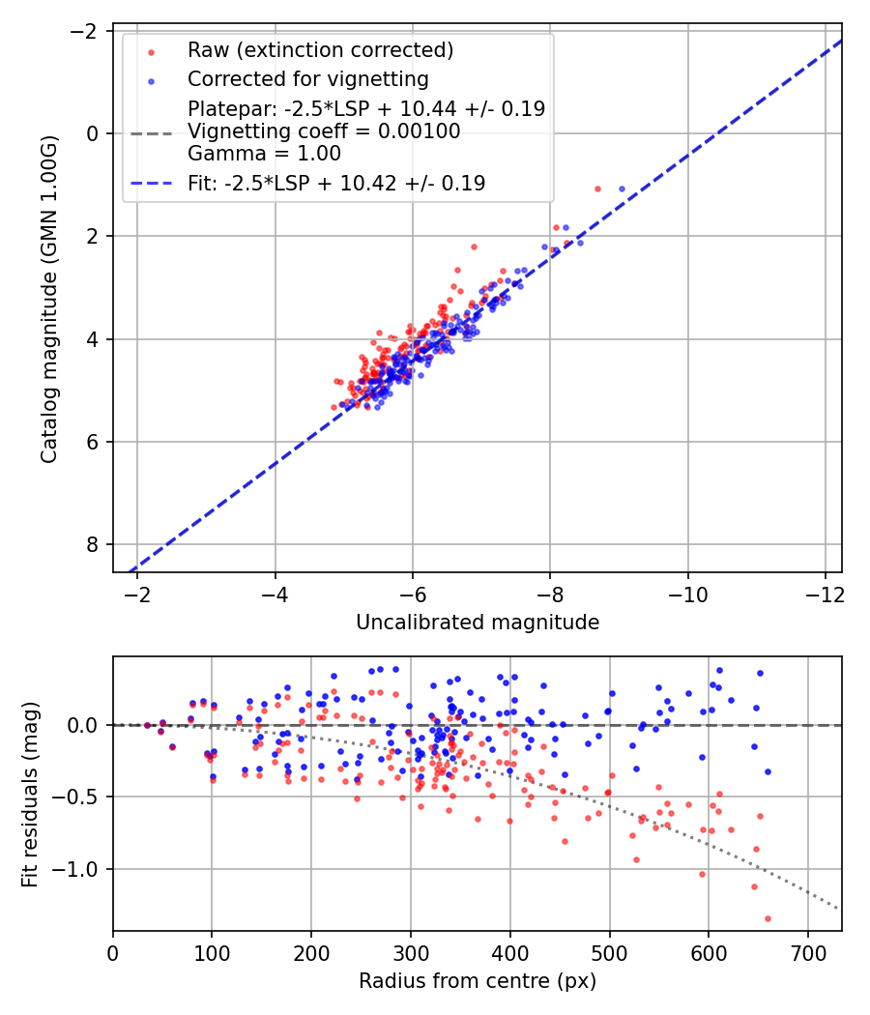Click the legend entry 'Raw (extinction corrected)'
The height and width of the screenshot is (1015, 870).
[320, 50]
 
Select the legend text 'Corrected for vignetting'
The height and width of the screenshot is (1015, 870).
[307, 78]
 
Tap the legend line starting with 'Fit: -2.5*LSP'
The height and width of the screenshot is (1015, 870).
[335, 183]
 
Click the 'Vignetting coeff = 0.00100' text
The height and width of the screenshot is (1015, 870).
[324, 131]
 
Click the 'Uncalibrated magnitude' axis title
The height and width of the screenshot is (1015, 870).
[478, 623]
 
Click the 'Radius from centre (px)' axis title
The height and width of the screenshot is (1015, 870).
[478, 981]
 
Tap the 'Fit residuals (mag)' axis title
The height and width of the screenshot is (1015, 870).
[30, 794]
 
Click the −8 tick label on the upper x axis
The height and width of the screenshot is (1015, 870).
[550, 593]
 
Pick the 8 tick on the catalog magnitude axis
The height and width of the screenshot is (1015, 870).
[93, 545]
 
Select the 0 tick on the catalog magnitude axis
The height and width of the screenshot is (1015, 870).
[93, 133]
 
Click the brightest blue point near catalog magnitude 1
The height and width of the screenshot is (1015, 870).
[622, 188]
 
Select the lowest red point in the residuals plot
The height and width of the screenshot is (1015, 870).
[768, 918]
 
